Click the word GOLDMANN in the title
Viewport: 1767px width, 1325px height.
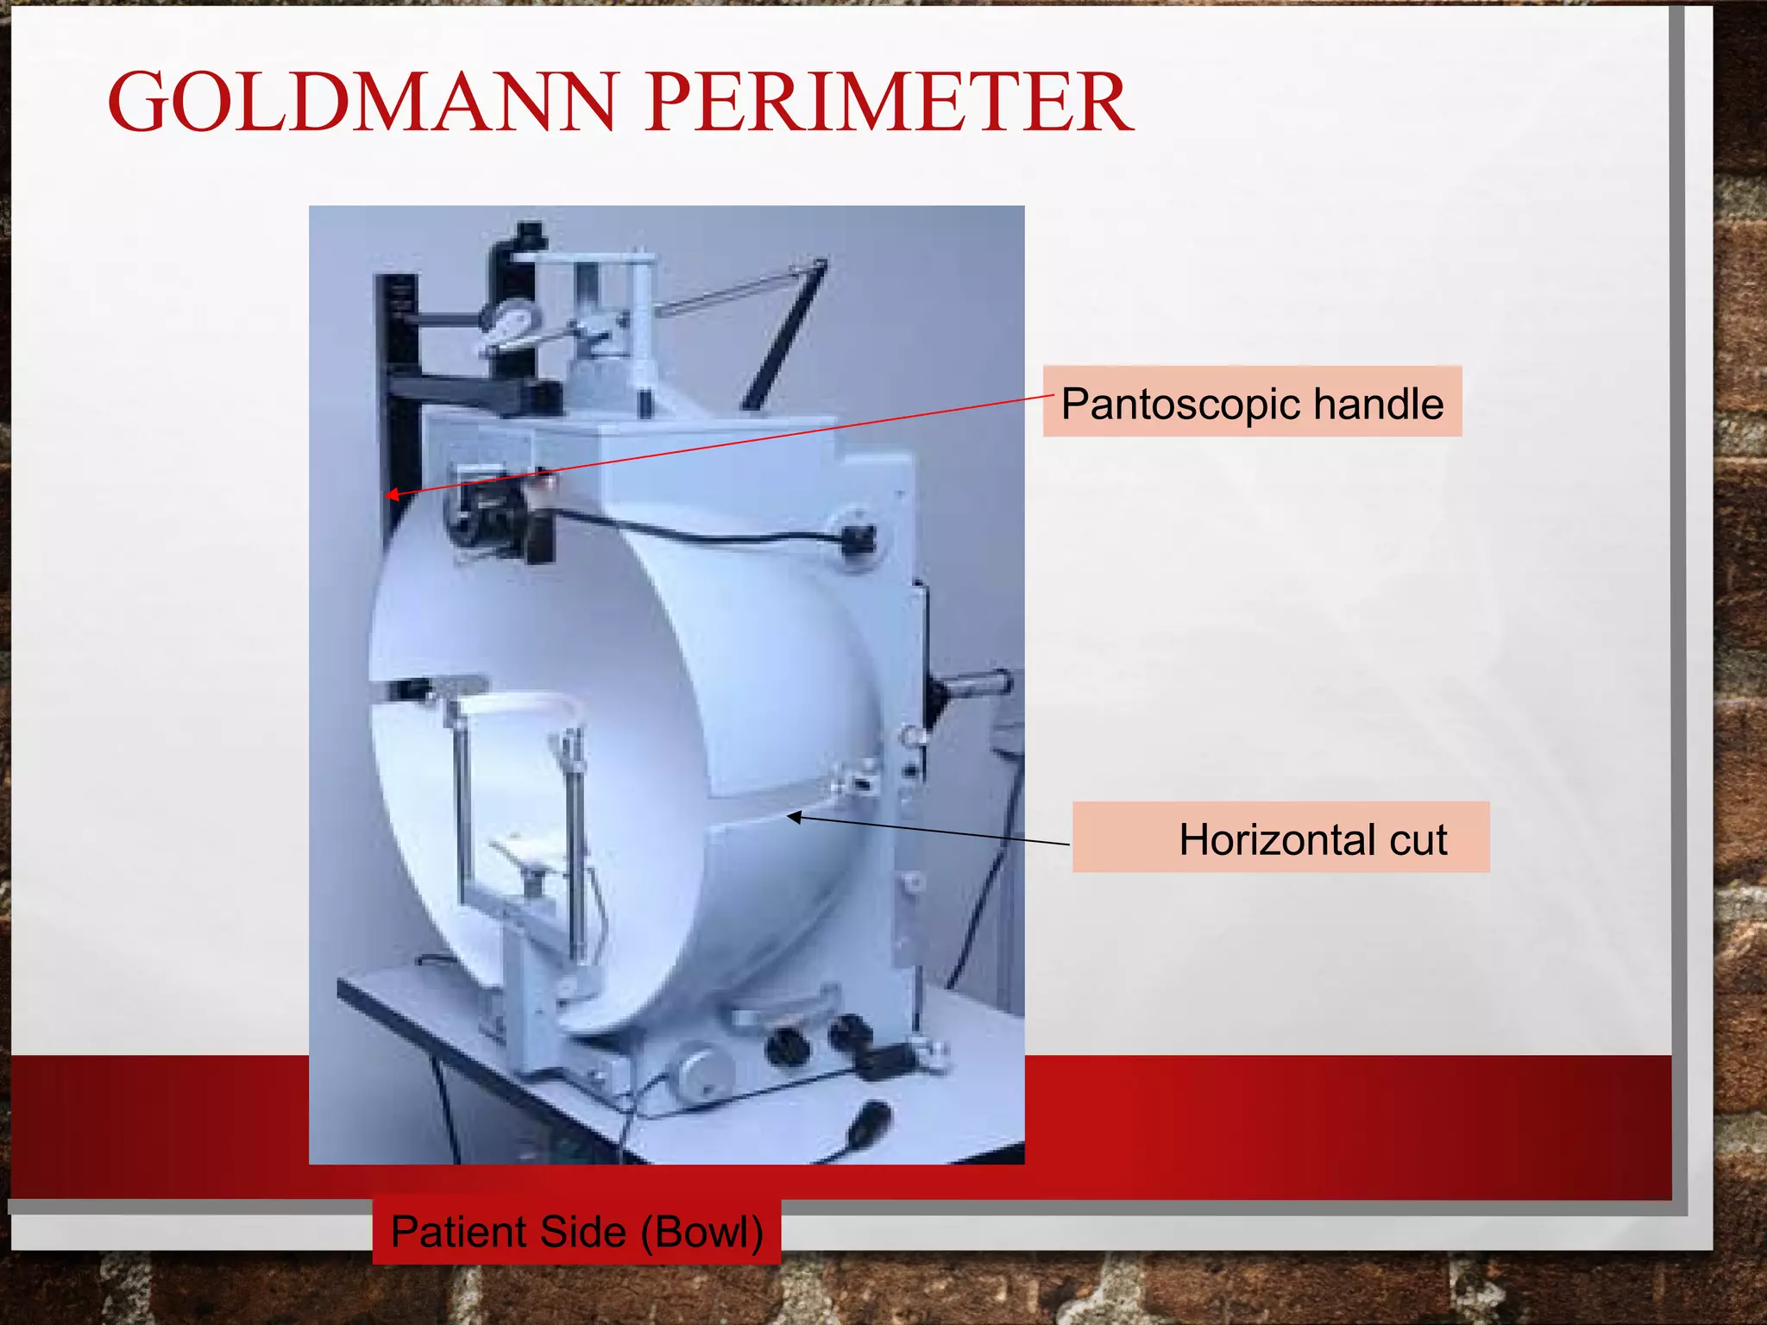[x=362, y=103]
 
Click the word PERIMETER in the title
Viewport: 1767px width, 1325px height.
[x=889, y=103]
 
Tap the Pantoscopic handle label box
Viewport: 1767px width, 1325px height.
[x=1251, y=402]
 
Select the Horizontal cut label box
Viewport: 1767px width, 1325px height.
[x=1280, y=838]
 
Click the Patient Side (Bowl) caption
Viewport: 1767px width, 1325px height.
[x=576, y=1231]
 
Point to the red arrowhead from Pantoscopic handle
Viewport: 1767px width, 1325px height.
[x=391, y=494]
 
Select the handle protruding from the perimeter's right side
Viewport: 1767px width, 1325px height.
[x=975, y=687]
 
